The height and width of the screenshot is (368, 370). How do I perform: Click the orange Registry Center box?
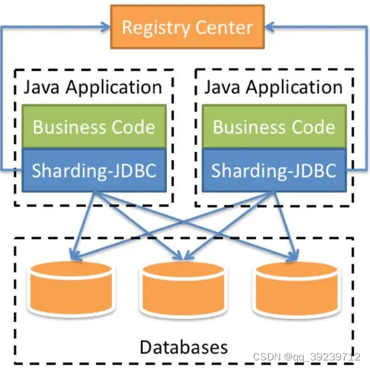[x=187, y=27]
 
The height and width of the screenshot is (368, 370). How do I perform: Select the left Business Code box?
[x=94, y=126]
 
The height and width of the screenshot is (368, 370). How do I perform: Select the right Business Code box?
[x=273, y=126]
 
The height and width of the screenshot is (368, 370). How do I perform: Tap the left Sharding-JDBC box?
[x=94, y=170]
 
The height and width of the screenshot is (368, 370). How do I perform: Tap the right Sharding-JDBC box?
[x=273, y=170]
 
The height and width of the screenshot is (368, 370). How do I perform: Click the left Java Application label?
[x=93, y=87]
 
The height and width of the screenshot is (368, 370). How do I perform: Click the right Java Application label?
[x=273, y=87]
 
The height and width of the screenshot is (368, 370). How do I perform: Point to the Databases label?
[x=183, y=347]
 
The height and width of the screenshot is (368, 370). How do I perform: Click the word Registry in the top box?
[x=155, y=28]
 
